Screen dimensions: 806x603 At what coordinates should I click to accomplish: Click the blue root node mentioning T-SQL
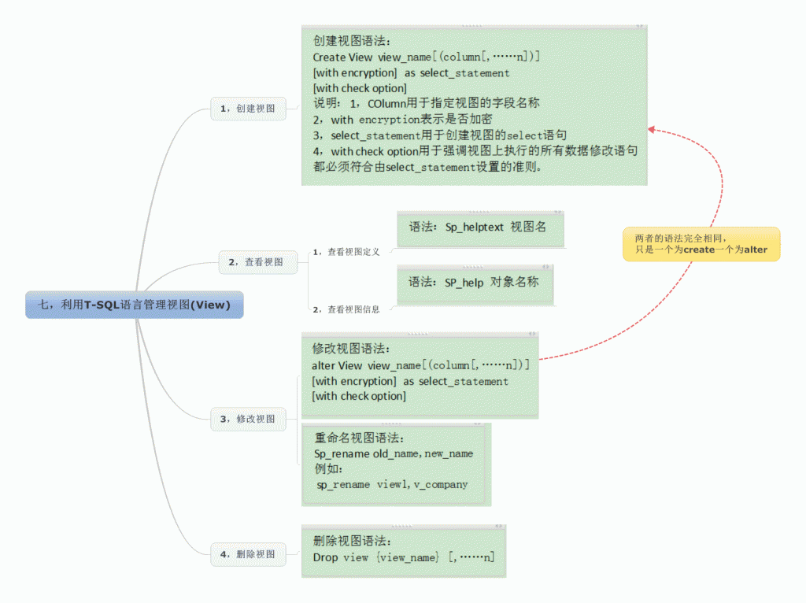click(x=135, y=305)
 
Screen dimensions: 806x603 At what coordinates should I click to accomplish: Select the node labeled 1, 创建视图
click(x=248, y=109)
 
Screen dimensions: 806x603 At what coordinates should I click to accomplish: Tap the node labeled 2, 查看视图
click(x=258, y=262)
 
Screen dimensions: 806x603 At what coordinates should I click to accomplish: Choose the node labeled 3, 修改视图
click(x=248, y=419)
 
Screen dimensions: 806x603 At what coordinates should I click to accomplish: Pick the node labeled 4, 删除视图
click(x=248, y=554)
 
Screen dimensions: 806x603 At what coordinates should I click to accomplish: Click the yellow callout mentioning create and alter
click(x=701, y=244)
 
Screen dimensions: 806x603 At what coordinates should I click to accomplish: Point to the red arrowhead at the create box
click(x=651, y=130)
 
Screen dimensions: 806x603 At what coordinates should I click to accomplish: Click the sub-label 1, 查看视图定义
click(x=346, y=252)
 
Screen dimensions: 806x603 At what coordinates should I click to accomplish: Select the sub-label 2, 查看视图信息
click(x=346, y=309)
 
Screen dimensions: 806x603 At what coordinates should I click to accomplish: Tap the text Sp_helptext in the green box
click(x=474, y=228)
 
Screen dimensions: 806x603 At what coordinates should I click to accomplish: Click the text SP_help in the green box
click(x=464, y=283)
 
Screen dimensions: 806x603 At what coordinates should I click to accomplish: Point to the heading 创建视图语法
click(x=352, y=41)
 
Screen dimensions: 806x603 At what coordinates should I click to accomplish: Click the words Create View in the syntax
click(x=342, y=57)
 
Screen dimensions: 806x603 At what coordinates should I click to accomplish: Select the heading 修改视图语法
click(x=351, y=349)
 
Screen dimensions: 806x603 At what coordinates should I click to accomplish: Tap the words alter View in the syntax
click(x=337, y=365)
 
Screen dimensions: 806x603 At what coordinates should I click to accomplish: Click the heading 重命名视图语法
click(x=359, y=438)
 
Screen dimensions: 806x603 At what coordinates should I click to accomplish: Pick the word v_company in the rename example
click(x=441, y=485)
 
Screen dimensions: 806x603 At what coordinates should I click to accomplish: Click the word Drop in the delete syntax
click(x=325, y=557)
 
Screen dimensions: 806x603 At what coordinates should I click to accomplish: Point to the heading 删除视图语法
click(x=352, y=541)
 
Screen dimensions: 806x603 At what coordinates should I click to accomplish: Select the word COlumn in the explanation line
click(x=386, y=103)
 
